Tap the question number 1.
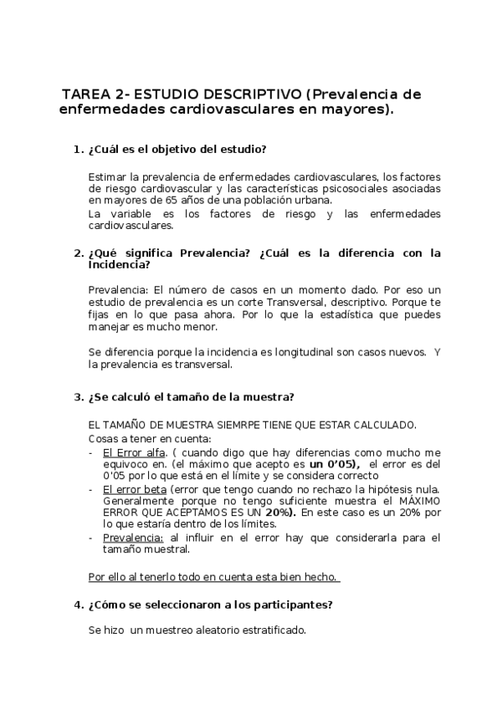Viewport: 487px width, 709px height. (x=79, y=150)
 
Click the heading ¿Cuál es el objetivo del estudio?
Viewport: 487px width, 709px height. (x=177, y=150)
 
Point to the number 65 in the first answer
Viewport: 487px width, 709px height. (x=185, y=201)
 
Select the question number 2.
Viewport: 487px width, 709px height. (x=79, y=252)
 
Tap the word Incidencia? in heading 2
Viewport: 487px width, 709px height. (x=119, y=265)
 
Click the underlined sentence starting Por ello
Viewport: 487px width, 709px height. (x=213, y=576)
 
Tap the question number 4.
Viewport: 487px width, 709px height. (x=79, y=604)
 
